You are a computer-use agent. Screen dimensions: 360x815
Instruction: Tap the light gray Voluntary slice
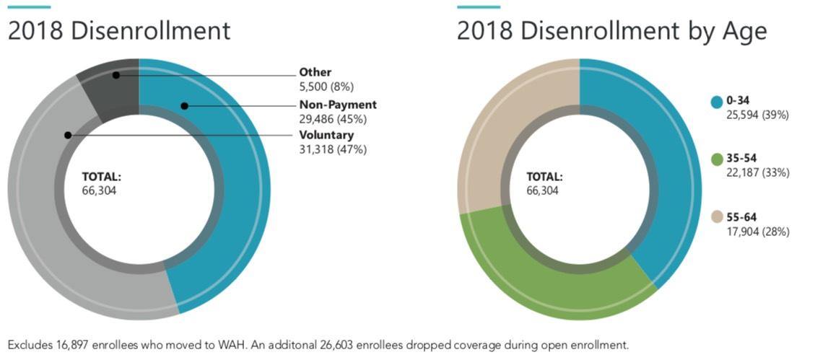coord(43,216)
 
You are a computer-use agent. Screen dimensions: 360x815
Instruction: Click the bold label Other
coord(315,72)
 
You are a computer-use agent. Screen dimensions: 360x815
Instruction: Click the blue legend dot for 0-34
coord(716,102)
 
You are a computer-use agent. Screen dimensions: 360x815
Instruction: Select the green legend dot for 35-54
coord(716,159)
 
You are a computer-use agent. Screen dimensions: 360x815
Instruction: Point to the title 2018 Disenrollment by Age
coord(611,32)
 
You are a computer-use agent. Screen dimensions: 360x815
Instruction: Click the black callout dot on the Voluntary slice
coord(67,135)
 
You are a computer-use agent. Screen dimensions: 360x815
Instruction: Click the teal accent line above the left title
coord(29,6)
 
